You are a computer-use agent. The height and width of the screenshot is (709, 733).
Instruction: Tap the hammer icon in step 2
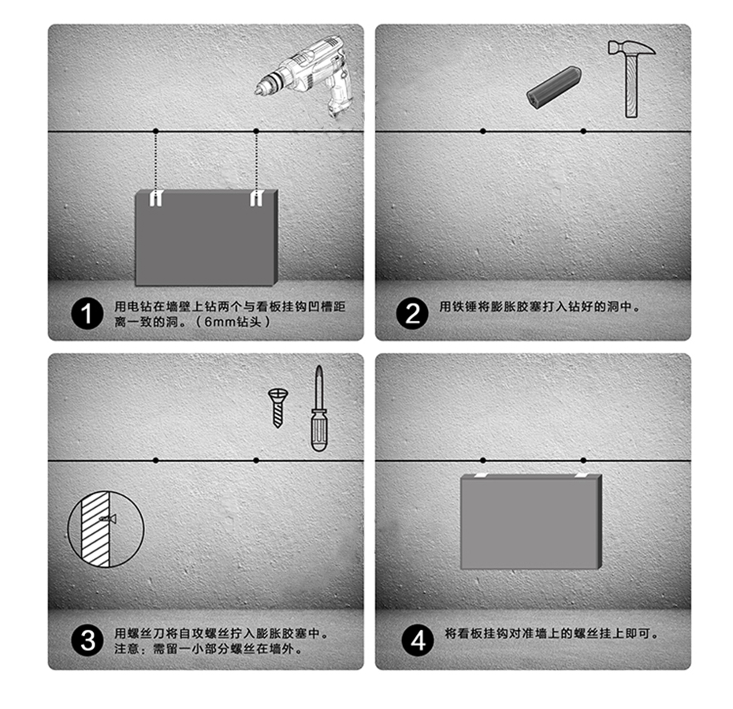coord(631,77)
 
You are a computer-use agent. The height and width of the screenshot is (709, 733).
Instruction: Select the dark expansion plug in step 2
coord(554,88)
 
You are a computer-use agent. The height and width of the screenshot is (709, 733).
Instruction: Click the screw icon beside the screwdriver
coord(278,407)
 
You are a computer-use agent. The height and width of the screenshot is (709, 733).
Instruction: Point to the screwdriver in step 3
coord(319,409)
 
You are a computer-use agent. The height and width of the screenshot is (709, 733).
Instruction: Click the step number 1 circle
coord(87,313)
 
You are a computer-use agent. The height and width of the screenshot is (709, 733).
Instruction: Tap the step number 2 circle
coord(412,313)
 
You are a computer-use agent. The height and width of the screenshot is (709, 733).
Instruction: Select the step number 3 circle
coord(87,640)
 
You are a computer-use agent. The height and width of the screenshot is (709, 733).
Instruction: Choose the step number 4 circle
coord(418,640)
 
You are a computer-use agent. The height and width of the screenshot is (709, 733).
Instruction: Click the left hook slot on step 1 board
coord(156,198)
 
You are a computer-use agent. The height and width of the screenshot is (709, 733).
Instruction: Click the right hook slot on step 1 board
coord(256,198)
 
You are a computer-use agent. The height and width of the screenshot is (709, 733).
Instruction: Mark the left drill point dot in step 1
coord(156,132)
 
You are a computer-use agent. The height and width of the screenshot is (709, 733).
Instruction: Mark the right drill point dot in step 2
coord(583,132)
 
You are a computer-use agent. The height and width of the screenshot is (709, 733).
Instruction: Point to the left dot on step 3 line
coord(156,461)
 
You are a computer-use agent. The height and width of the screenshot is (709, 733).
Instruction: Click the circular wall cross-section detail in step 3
coord(106,529)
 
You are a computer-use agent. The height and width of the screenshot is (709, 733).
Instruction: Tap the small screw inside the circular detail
coord(108,519)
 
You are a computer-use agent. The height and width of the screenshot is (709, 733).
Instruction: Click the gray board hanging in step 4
coord(531,521)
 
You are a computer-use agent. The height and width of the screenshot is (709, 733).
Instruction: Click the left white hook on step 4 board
coord(481,475)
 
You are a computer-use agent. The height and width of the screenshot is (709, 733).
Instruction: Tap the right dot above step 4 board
coord(583,461)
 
